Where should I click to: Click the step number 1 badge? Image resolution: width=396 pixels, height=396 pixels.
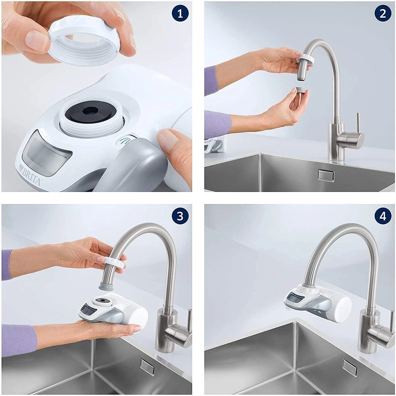pyautogui.click(x=180, y=14)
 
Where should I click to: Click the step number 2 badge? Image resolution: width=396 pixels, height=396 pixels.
pyautogui.click(x=382, y=14)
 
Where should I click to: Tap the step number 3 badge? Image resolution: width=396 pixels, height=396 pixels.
pyautogui.click(x=180, y=216)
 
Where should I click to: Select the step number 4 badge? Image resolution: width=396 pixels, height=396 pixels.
pyautogui.click(x=382, y=216)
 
